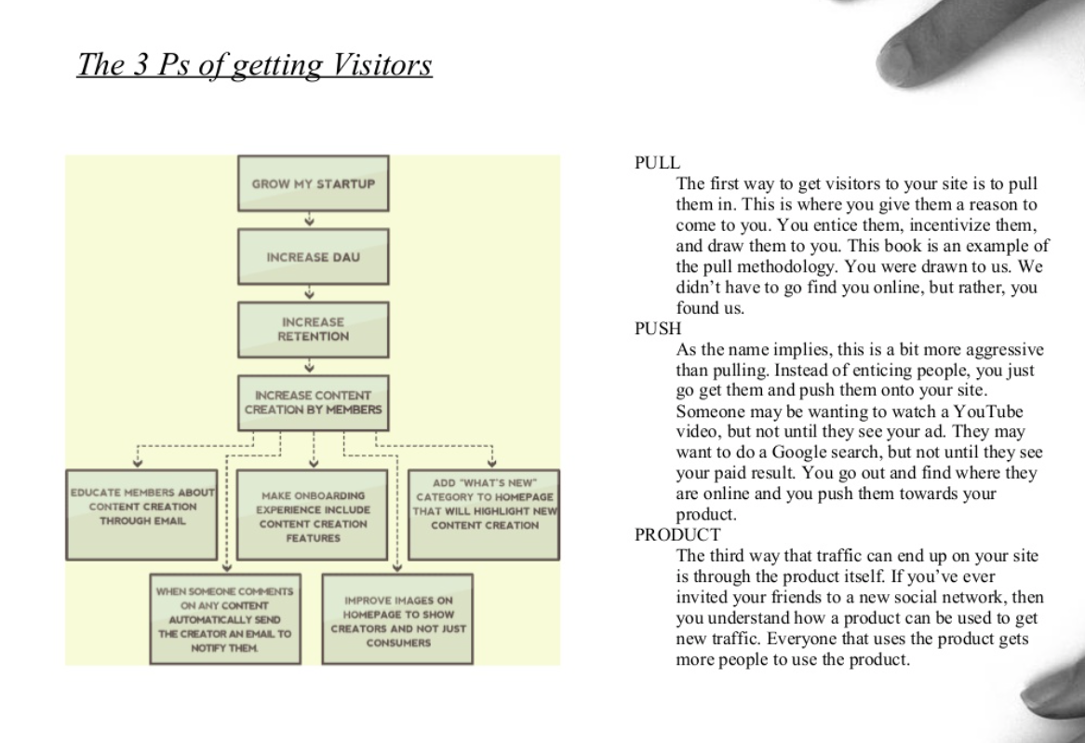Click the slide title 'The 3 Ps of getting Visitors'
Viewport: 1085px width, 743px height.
click(x=254, y=64)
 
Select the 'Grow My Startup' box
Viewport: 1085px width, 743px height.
click(x=314, y=183)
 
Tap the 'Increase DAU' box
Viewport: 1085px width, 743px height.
click(x=314, y=257)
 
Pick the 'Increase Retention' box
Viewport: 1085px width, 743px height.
click(x=314, y=330)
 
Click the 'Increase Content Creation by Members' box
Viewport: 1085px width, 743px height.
click(x=314, y=403)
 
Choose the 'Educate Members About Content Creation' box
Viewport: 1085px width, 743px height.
click(x=141, y=515)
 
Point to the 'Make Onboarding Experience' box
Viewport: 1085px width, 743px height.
click(x=312, y=515)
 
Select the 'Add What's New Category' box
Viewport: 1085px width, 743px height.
click(x=484, y=515)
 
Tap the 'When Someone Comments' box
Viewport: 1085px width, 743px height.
click(x=225, y=618)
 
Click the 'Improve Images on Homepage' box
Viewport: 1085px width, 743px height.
click(x=398, y=618)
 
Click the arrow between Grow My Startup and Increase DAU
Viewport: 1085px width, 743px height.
click(x=309, y=220)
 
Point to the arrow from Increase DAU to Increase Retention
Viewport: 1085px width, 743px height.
click(x=309, y=292)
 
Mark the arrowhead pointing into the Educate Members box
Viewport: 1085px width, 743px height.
click(x=138, y=463)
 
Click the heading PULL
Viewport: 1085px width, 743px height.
click(x=657, y=163)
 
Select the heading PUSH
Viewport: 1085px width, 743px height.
click(x=658, y=329)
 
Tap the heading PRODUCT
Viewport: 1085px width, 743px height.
click(x=677, y=534)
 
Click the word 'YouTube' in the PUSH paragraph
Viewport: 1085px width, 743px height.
click(x=988, y=412)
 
